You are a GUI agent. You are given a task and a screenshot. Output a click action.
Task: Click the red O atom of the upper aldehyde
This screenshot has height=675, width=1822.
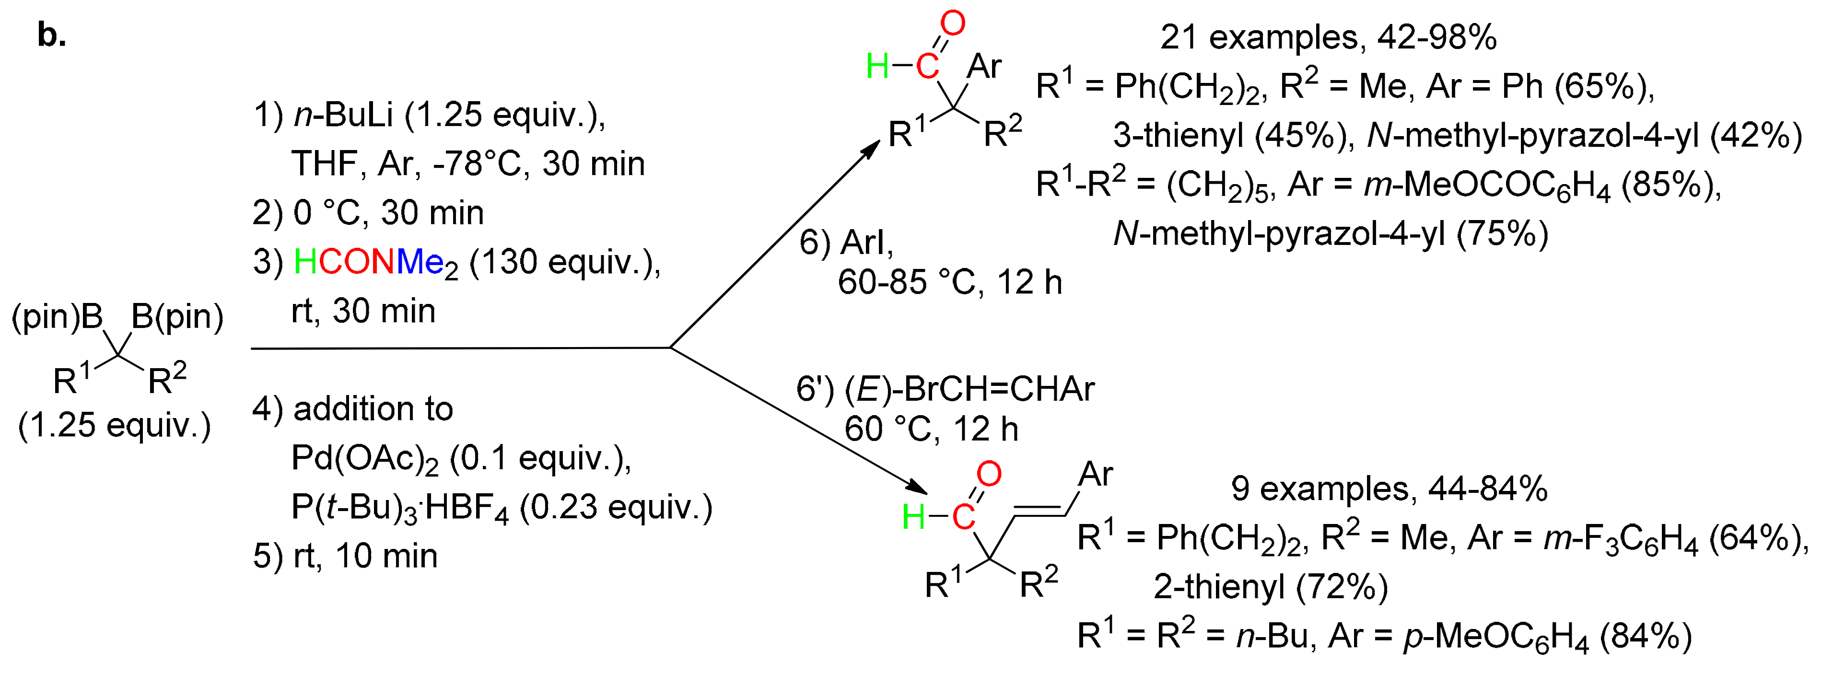click(953, 23)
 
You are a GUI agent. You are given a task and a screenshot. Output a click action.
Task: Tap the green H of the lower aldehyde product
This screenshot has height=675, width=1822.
click(913, 517)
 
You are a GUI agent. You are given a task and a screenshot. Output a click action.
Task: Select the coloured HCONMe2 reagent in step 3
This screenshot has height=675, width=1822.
click(375, 263)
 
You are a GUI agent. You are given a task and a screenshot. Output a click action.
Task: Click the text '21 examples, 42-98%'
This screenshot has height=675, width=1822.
click(1328, 37)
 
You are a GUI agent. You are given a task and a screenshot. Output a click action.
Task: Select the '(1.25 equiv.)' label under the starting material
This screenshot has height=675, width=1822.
click(115, 425)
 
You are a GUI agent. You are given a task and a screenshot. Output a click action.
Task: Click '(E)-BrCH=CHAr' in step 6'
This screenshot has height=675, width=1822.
click(969, 388)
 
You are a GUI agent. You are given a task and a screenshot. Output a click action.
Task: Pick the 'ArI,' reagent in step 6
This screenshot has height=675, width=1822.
click(866, 243)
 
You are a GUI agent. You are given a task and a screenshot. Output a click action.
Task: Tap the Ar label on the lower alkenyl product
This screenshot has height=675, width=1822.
click(1095, 474)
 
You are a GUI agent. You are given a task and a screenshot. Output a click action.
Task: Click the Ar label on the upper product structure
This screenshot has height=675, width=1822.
click(984, 67)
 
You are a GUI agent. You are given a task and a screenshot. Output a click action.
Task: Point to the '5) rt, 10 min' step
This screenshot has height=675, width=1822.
click(345, 556)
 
